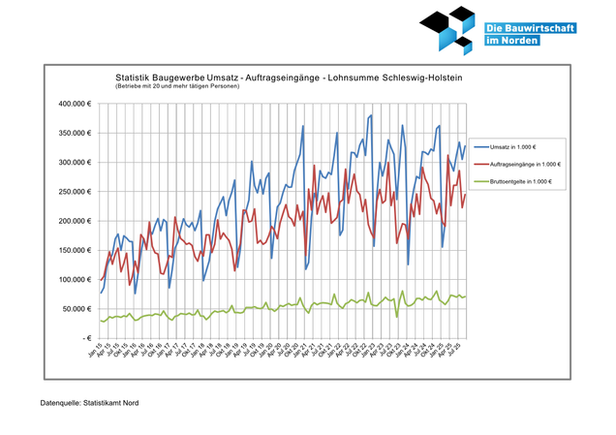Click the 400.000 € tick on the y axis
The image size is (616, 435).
pyautogui.click(x=74, y=104)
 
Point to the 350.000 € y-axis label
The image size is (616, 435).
pyautogui.click(x=74, y=133)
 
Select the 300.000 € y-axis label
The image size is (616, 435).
pyautogui.click(x=74, y=162)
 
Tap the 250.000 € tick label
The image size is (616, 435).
pyautogui.click(x=74, y=192)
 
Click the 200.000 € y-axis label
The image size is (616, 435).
pyautogui.click(x=74, y=221)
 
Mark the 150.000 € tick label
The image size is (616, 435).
pyautogui.click(x=74, y=250)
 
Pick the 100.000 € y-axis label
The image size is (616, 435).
pyautogui.click(x=74, y=280)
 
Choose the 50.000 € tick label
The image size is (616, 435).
pyautogui.click(x=76, y=309)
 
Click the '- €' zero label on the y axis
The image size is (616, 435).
pyautogui.click(x=83, y=338)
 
